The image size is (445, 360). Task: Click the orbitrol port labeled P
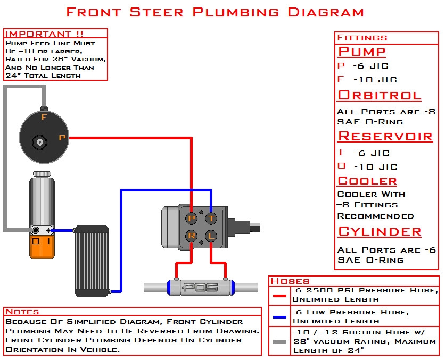192,218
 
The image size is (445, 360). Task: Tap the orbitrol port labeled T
211,218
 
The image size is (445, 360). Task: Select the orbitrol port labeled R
192,236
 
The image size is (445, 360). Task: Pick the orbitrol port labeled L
211,236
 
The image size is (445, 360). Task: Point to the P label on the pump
62,138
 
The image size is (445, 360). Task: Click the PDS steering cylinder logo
201,288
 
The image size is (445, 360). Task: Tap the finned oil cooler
91,261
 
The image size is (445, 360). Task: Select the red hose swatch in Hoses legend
279,296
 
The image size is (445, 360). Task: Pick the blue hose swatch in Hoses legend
279,317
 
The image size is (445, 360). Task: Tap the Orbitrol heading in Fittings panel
379,95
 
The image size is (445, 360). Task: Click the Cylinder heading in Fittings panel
380,231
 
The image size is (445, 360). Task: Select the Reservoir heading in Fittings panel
385,136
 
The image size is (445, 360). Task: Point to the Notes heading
22,312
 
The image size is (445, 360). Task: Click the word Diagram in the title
326,12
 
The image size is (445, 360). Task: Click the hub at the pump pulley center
39,141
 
